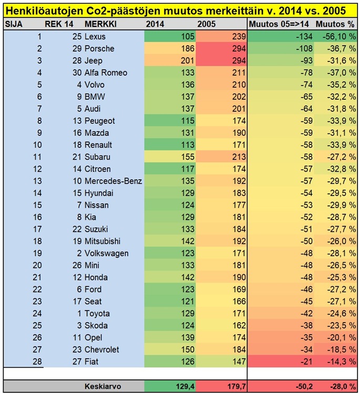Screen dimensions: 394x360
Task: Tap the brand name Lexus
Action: [95, 37]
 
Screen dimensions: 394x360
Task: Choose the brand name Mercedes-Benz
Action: [114, 181]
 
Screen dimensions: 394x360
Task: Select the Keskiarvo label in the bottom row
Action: [103, 386]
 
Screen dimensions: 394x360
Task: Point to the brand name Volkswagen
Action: [107, 253]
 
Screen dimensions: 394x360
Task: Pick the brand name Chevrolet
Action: [102, 349]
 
